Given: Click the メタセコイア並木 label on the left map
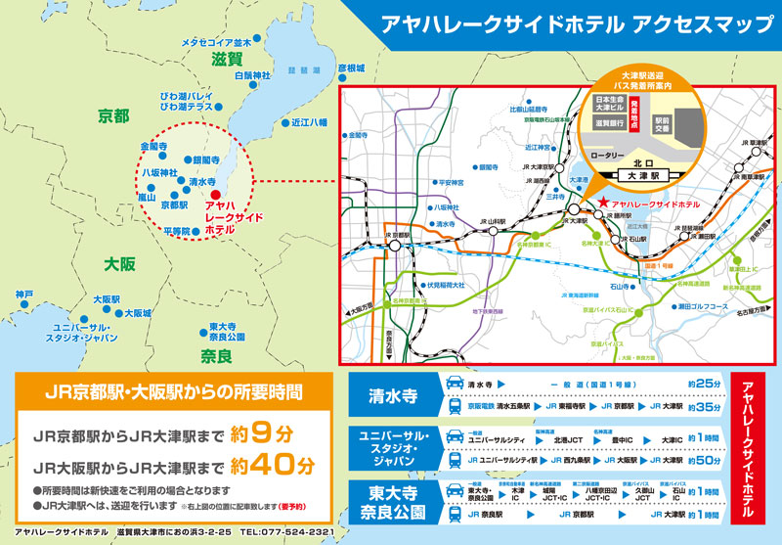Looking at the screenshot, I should coord(217,43).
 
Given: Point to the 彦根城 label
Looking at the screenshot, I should coord(349,68).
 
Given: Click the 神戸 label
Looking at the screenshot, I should coord(23,294).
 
